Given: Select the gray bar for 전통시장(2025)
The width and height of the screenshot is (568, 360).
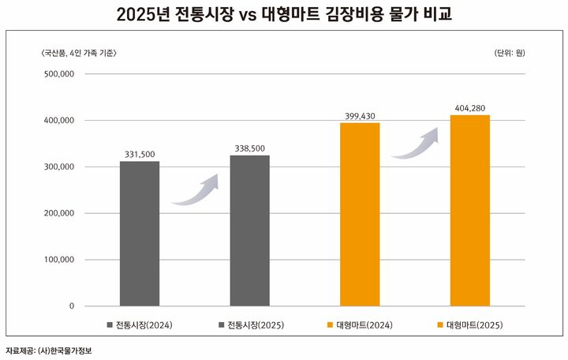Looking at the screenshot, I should [x=249, y=231].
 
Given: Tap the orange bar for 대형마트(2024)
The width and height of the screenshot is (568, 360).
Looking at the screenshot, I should [x=360, y=214].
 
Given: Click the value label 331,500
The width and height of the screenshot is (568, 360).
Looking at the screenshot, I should [x=140, y=154].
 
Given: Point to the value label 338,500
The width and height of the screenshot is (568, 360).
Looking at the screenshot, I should [x=249, y=148].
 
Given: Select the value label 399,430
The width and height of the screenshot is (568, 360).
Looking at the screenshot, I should [x=360, y=115].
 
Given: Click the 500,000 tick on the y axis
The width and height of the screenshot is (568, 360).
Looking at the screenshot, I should [x=56, y=74].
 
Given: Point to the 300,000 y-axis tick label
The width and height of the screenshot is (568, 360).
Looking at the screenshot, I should [x=56, y=167].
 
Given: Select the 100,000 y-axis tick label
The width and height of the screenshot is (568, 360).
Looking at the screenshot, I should [x=56, y=260].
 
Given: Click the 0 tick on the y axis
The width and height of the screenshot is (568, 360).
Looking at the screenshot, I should [x=71, y=306].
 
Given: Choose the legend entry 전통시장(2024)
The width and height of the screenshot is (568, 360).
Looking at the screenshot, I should [x=139, y=324].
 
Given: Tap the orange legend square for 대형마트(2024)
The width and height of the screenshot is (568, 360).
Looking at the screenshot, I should [x=329, y=324].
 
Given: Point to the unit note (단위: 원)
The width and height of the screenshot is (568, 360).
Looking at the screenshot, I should [x=509, y=53].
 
